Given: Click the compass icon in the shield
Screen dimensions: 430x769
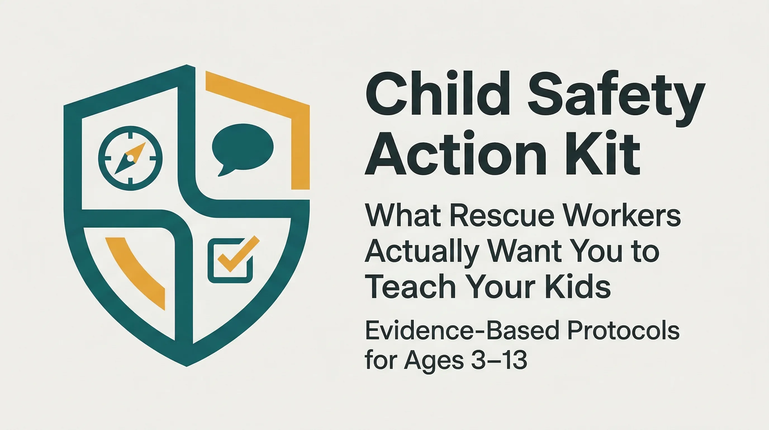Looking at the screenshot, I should (x=130, y=158).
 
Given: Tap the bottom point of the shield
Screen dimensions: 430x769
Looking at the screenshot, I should (x=187, y=365).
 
